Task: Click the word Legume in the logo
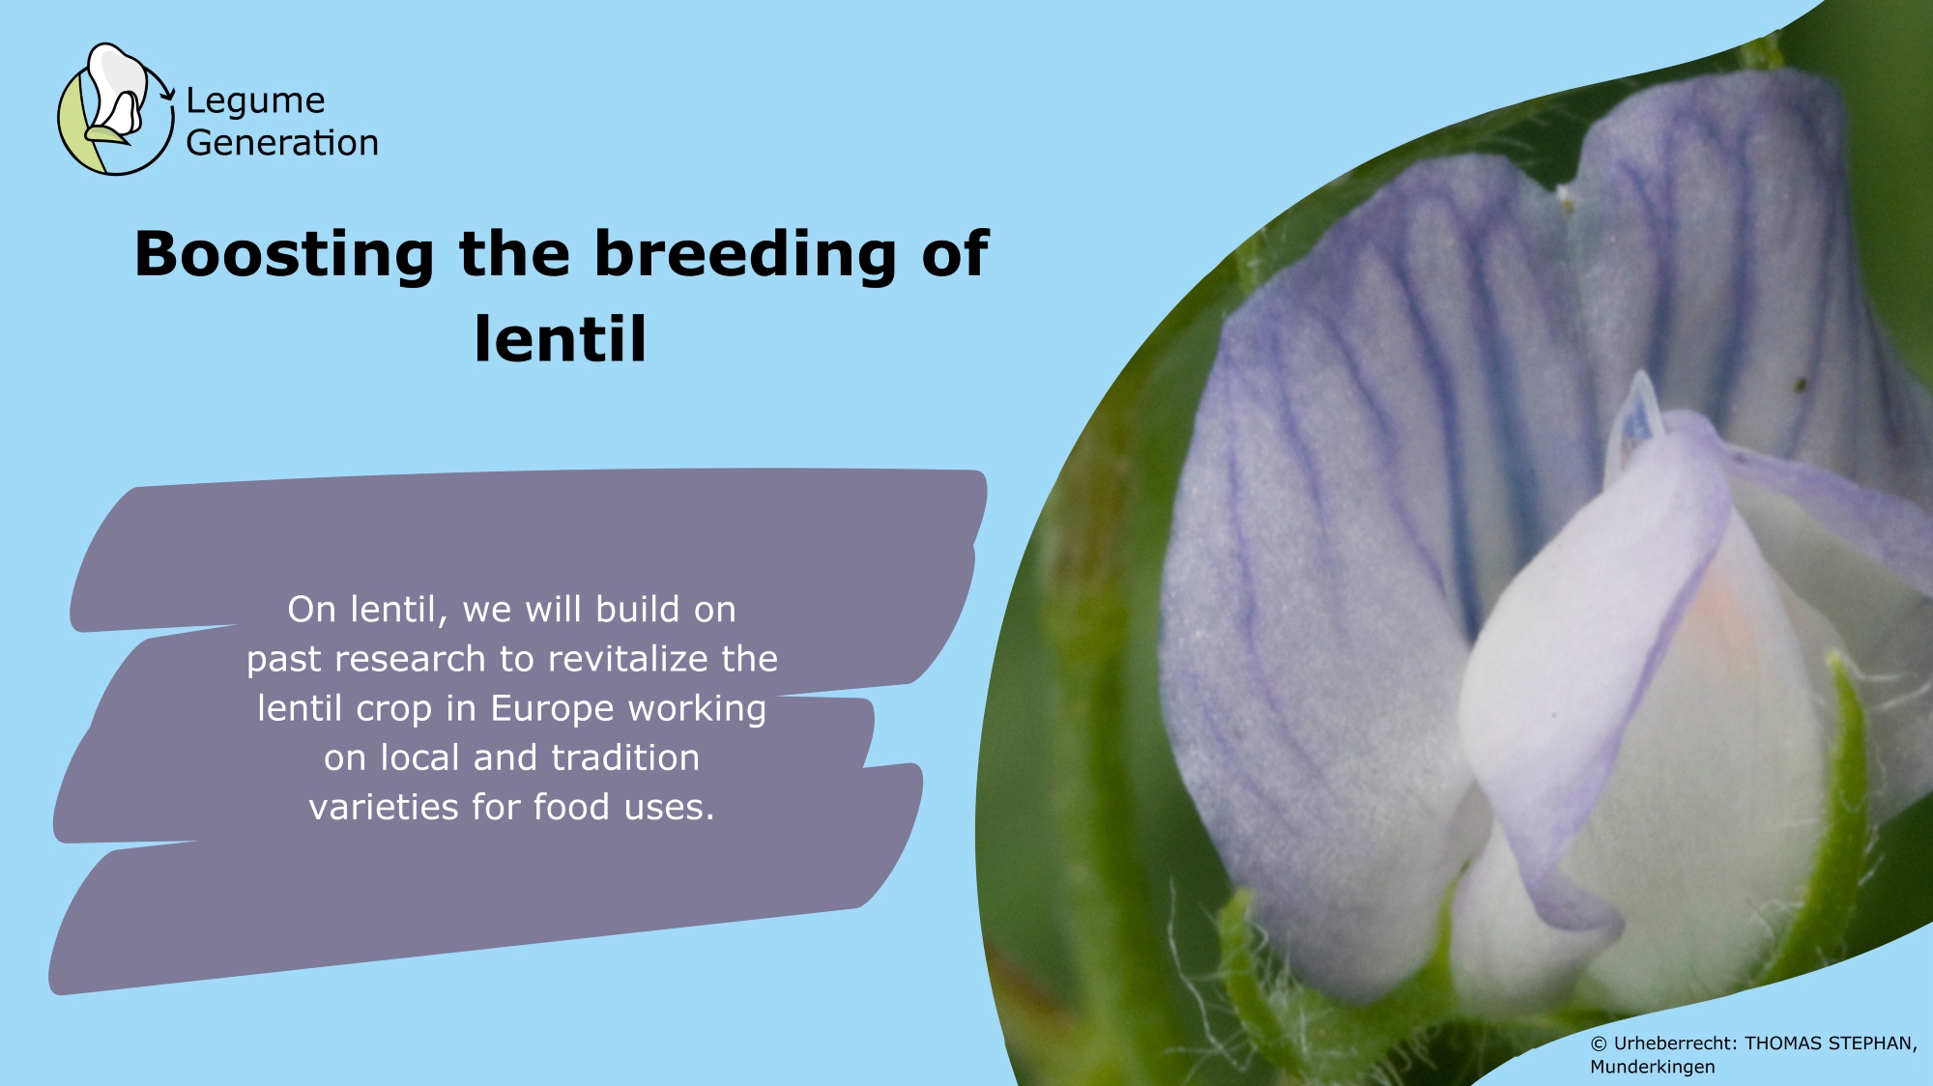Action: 255,101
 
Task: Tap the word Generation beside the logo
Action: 282,143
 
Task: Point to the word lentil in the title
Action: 560,339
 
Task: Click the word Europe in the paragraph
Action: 553,710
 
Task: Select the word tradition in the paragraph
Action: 625,757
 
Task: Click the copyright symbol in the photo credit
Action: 1599,1043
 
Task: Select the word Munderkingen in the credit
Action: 1653,1067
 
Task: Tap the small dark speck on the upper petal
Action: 1801,386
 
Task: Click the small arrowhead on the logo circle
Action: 167,95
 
